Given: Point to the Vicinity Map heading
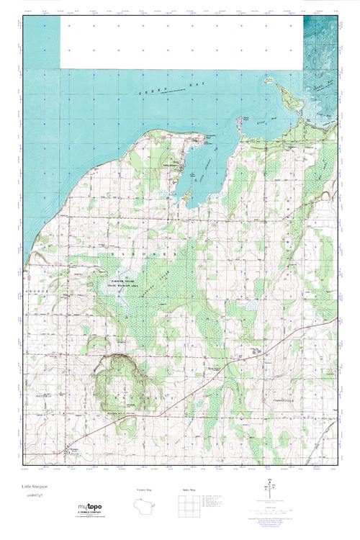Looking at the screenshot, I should coord(145,490).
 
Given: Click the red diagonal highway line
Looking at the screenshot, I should coord(216,374).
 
